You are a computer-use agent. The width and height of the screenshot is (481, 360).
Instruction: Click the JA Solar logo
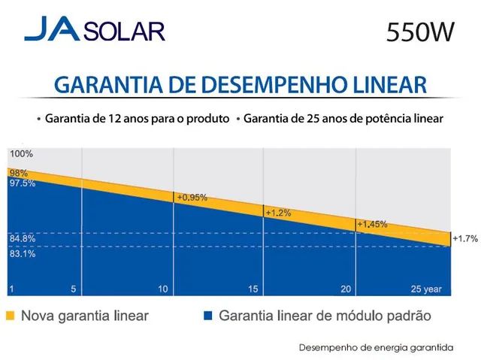(x=94, y=32)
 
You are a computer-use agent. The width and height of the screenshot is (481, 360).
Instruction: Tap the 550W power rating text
(x=420, y=33)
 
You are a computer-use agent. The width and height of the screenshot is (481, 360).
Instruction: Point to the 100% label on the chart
(x=22, y=154)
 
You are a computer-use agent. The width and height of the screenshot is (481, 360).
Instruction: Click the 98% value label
(x=18, y=173)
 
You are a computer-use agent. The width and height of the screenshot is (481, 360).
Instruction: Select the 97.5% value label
(x=22, y=183)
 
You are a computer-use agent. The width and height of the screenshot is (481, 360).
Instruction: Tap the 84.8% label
(x=22, y=239)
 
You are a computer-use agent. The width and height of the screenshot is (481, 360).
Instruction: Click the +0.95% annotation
(x=192, y=198)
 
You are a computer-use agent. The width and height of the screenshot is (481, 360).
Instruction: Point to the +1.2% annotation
(x=278, y=213)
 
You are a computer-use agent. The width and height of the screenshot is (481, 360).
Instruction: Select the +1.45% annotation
(x=371, y=224)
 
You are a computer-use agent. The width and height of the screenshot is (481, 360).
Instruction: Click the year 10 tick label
(x=163, y=289)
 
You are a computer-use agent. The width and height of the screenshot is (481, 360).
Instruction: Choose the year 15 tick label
(x=253, y=289)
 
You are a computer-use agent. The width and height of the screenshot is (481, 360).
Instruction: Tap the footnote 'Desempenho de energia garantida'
(x=376, y=348)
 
